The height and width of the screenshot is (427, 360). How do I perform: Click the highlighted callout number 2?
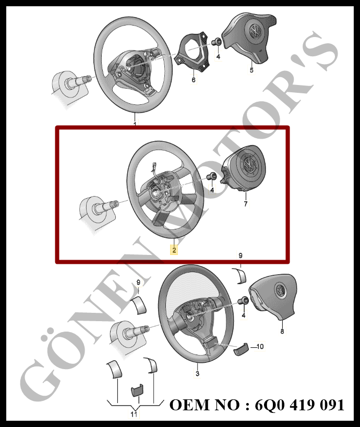pyautogui.click(x=174, y=250)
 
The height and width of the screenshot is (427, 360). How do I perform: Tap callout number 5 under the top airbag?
pyautogui.click(x=251, y=70)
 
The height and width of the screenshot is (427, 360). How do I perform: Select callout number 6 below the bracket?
pyautogui.click(x=194, y=80)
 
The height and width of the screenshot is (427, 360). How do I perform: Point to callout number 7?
pyautogui.click(x=246, y=203)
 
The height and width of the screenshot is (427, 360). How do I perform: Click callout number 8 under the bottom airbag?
pyautogui.click(x=282, y=331)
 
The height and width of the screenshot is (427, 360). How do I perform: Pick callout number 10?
pyautogui.click(x=260, y=346)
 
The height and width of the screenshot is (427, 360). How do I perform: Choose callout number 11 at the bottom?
pyautogui.click(x=134, y=414)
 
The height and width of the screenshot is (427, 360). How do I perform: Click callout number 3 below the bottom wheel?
pyautogui.click(x=198, y=373)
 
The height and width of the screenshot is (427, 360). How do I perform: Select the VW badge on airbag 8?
pyautogui.click(x=280, y=289)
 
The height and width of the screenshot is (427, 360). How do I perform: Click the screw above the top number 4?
pyautogui.click(x=216, y=42)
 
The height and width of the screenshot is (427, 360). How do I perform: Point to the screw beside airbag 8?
pyautogui.click(x=243, y=301)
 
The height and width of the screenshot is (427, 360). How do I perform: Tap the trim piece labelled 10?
pyautogui.click(x=241, y=348)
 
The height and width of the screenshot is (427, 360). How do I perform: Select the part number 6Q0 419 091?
pyautogui.click(x=299, y=405)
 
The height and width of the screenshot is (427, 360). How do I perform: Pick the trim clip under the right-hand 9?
pyautogui.click(x=239, y=276)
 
